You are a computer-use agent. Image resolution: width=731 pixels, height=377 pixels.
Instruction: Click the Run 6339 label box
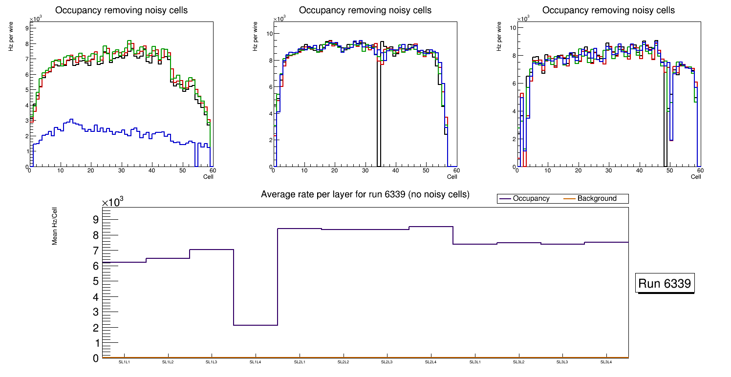click(x=665, y=284)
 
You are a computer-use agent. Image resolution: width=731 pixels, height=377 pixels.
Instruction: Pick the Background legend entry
click(x=597, y=199)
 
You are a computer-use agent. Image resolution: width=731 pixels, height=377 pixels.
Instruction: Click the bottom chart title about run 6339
click(x=365, y=194)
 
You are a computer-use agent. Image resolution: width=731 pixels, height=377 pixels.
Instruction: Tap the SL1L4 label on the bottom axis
click(x=255, y=362)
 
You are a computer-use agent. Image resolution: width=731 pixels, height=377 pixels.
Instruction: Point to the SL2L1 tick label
click(x=299, y=362)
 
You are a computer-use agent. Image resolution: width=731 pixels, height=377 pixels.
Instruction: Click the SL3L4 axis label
click(x=606, y=362)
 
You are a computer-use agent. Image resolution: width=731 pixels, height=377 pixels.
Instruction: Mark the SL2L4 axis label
click(x=430, y=362)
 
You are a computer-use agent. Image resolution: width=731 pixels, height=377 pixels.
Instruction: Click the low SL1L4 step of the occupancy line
click(x=256, y=325)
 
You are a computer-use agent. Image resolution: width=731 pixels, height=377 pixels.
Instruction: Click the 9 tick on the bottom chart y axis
click(x=96, y=220)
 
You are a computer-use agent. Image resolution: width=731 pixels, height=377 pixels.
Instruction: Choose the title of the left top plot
click(x=122, y=10)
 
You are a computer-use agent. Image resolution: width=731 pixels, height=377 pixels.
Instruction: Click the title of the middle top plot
click(x=365, y=10)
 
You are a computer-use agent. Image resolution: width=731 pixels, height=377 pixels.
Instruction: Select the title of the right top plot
click(x=608, y=10)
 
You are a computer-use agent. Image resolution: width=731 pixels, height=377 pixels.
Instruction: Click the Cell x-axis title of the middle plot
click(x=452, y=176)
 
